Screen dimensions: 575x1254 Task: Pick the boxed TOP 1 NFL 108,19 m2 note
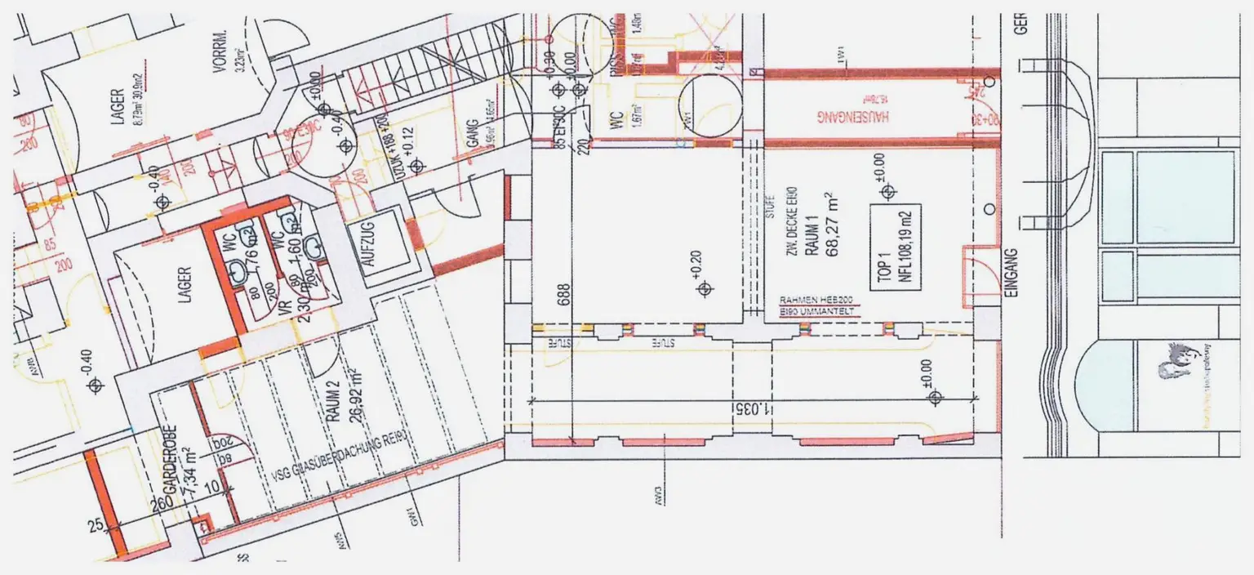point(895,245)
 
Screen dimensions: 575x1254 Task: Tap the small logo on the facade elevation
point(1175,360)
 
